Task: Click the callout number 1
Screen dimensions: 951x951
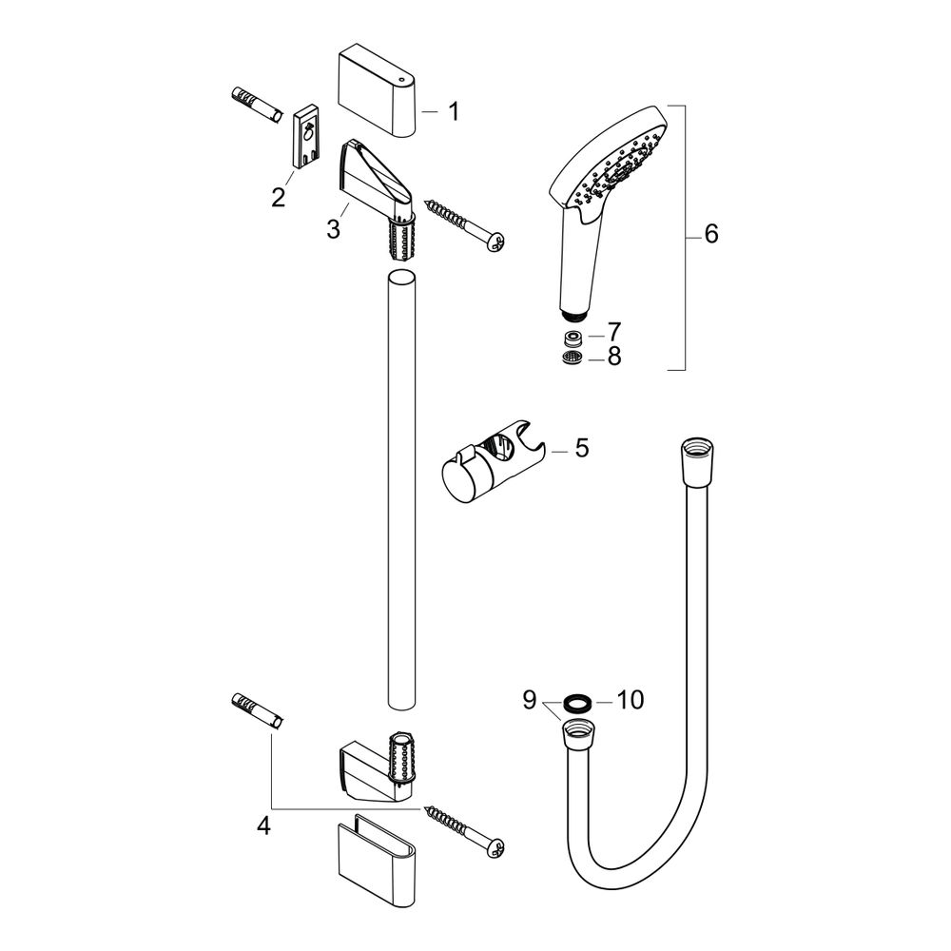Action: (453, 111)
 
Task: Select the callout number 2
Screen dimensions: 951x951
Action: (279, 197)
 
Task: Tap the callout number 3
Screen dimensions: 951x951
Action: (333, 229)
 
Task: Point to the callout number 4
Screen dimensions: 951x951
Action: (263, 825)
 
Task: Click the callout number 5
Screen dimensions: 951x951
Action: (582, 448)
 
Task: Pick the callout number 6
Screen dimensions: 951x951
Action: (710, 234)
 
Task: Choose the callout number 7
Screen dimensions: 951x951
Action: (614, 332)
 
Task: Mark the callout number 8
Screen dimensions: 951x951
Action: (614, 356)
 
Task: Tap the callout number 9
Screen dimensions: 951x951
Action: (530, 700)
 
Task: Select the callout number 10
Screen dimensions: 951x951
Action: (631, 700)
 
